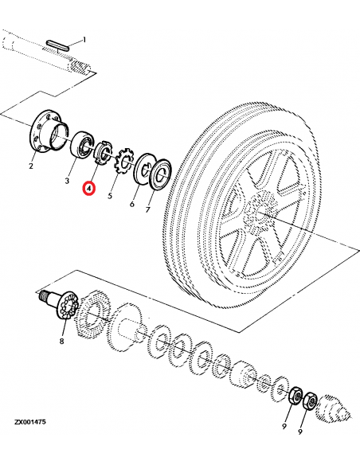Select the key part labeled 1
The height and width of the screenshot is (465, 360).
59,41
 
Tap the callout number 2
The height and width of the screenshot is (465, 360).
31,166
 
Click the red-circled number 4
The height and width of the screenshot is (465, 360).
90,190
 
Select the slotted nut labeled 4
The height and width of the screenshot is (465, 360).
101,150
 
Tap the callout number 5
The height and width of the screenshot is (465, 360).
110,193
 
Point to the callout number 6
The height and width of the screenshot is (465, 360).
131,205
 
